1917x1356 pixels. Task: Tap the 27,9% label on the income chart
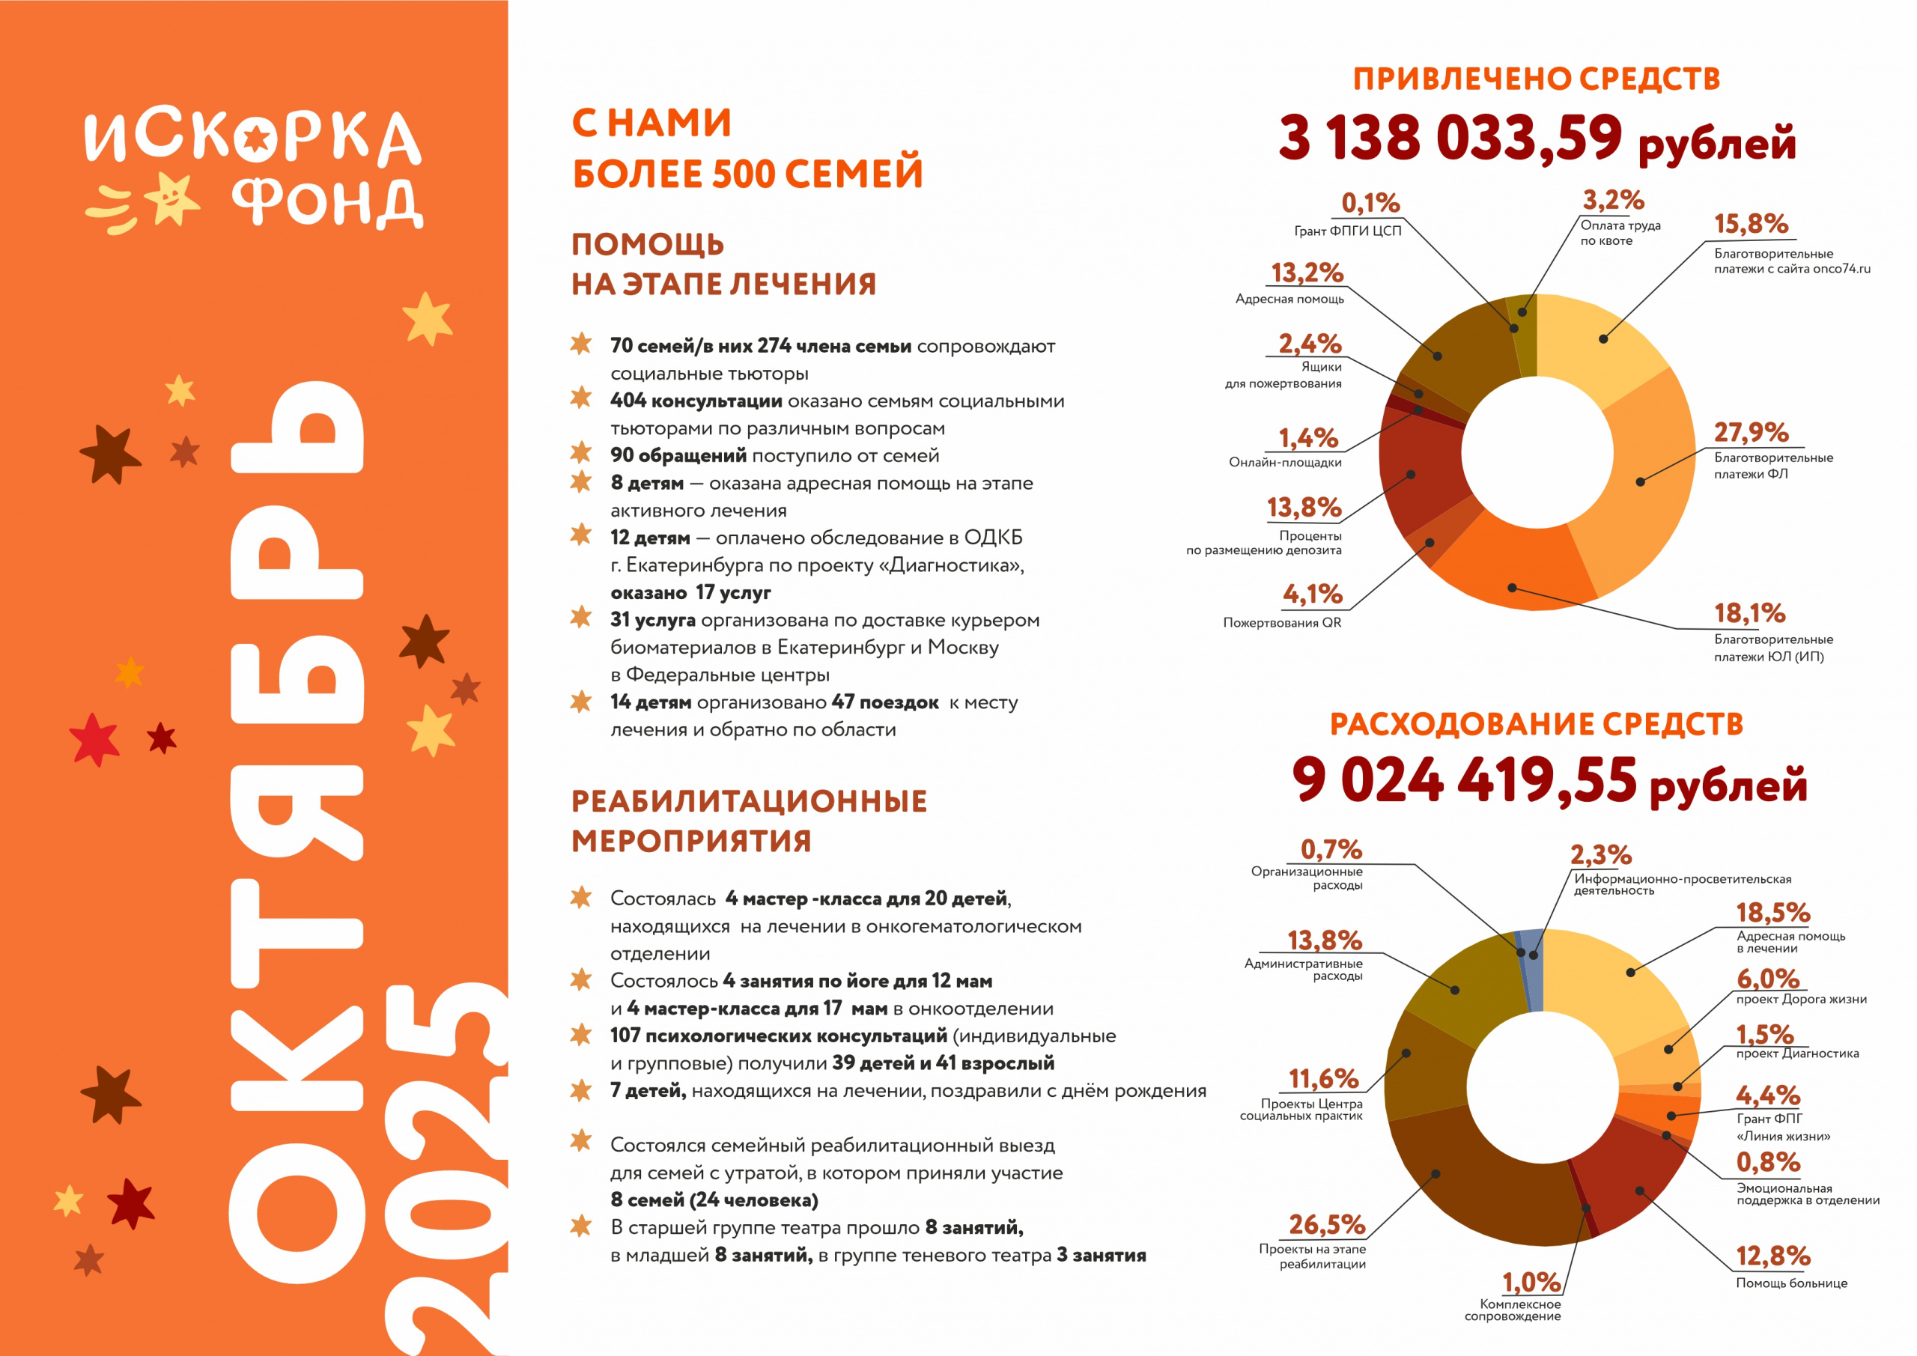click(x=1750, y=432)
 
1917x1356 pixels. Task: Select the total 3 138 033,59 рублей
click(x=1537, y=139)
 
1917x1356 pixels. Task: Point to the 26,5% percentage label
click(x=1326, y=1225)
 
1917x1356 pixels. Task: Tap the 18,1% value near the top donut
click(x=1749, y=614)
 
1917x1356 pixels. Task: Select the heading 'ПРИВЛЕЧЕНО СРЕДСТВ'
click(x=1537, y=79)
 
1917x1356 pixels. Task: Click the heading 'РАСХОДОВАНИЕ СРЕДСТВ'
click(x=1537, y=725)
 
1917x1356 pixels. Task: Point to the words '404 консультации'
click(x=696, y=401)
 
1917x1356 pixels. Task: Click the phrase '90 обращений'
click(x=678, y=456)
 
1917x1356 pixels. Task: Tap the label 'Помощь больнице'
click(x=1791, y=1283)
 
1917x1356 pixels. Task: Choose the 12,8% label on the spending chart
click(x=1772, y=1256)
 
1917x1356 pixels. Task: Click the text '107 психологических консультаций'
click(x=778, y=1036)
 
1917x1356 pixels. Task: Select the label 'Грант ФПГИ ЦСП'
click(x=1348, y=231)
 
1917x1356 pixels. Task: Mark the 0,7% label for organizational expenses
click(x=1331, y=850)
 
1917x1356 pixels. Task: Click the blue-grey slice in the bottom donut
click(x=1533, y=969)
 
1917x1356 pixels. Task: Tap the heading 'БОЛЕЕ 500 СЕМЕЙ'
click(x=747, y=174)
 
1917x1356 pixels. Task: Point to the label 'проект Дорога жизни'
click(x=1801, y=1000)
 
